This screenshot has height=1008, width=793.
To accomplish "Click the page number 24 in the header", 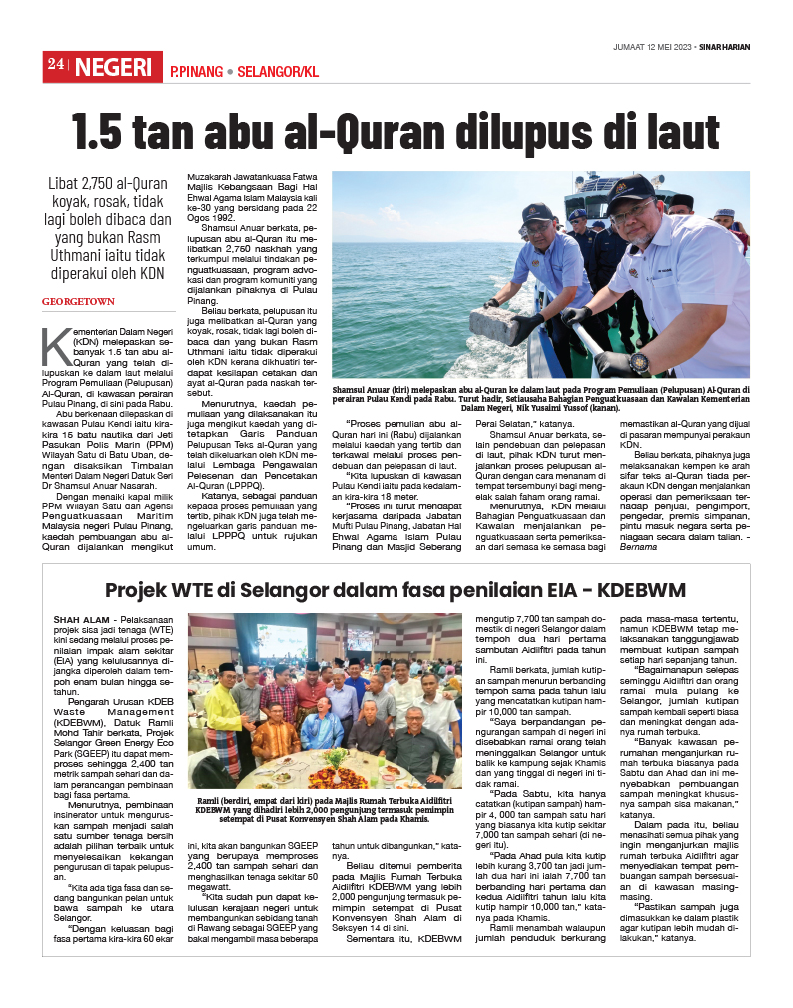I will click(x=55, y=67).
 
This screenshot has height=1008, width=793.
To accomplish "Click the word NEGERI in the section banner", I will click(x=113, y=68).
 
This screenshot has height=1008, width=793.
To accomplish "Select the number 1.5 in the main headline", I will click(x=108, y=132).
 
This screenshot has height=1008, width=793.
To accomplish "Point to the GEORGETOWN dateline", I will click(x=78, y=301).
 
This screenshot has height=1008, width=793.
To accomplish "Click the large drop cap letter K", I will click(x=55, y=346).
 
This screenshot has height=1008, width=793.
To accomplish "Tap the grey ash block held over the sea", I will click(x=498, y=321).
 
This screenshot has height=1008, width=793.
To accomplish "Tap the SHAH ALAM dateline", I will click(x=83, y=620).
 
